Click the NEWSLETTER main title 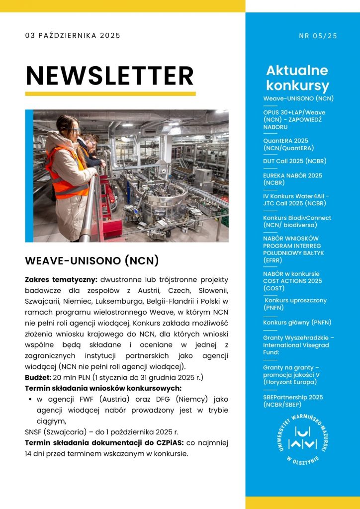pos(109,76)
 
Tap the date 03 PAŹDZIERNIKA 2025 pos(73,35)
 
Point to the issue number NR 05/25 pos(318,35)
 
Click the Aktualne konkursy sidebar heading pos(297,78)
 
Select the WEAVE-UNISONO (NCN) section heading pos(91,260)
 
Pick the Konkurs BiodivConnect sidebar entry pos(297,221)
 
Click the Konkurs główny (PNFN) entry pos(297,323)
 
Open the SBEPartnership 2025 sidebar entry pos(293,401)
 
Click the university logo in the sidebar pos(302,439)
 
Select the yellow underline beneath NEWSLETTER pos(110,93)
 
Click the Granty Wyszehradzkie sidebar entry pos(298,341)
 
